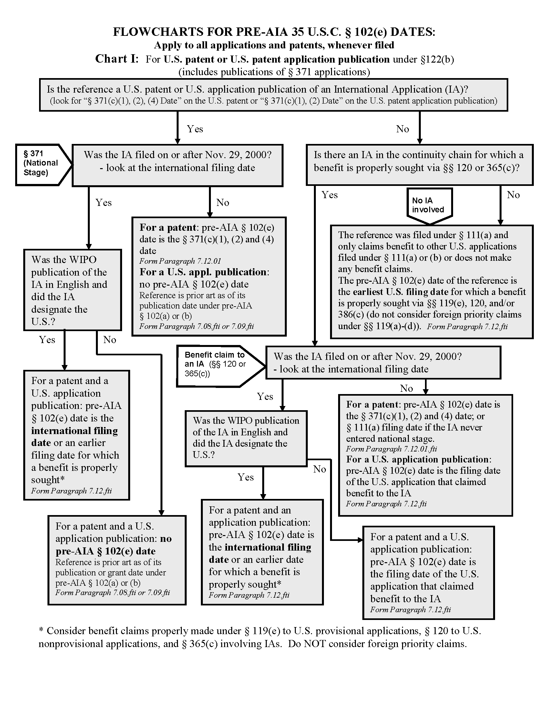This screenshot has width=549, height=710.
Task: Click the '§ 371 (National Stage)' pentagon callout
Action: tap(41, 164)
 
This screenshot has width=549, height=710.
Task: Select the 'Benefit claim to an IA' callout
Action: tap(216, 365)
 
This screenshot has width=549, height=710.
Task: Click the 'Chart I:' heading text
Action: tap(117, 59)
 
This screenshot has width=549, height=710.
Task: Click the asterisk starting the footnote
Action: tap(41, 631)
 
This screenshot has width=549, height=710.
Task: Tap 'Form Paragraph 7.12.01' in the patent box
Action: tap(180, 261)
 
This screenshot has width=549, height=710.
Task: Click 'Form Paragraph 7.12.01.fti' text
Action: tap(391, 449)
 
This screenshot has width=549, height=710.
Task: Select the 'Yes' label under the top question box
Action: tap(195, 129)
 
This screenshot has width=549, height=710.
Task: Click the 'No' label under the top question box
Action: tap(402, 129)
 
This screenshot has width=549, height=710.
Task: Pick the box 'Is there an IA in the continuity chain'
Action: tap(419, 165)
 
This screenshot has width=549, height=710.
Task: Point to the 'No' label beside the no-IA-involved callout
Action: tap(513, 195)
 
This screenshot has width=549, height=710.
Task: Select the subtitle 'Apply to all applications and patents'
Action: tap(274, 45)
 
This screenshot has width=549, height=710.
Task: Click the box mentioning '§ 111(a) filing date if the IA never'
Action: tap(425, 455)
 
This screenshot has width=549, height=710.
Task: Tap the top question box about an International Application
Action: tap(273, 95)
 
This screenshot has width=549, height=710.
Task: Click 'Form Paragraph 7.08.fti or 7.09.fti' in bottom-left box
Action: tap(112, 593)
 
